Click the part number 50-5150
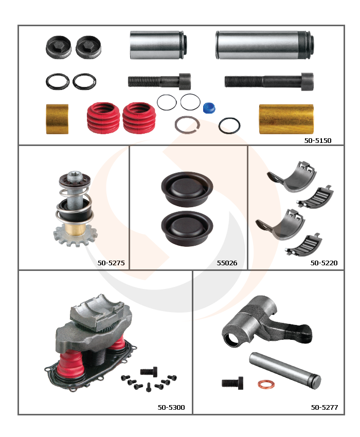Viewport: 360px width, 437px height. click(x=318, y=140)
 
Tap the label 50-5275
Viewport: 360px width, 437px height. click(x=111, y=263)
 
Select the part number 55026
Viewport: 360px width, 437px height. click(x=227, y=263)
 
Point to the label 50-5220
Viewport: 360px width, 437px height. click(x=324, y=263)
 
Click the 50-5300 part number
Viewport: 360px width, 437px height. click(x=171, y=408)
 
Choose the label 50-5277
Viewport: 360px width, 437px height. click(x=325, y=408)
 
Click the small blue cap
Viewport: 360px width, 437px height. click(x=209, y=108)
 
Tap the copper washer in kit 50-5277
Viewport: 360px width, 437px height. click(x=266, y=385)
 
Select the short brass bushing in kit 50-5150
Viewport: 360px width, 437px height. click(x=57, y=119)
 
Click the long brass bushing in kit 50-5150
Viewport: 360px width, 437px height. click(x=286, y=119)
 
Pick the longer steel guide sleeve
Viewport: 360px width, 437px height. click(x=265, y=45)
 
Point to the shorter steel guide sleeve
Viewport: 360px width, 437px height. click(x=158, y=45)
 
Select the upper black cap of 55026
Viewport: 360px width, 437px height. click(x=187, y=189)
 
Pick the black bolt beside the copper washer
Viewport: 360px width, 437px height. click(x=232, y=383)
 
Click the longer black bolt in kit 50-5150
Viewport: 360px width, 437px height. click(x=269, y=81)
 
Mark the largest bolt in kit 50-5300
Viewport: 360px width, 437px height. click(x=149, y=371)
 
